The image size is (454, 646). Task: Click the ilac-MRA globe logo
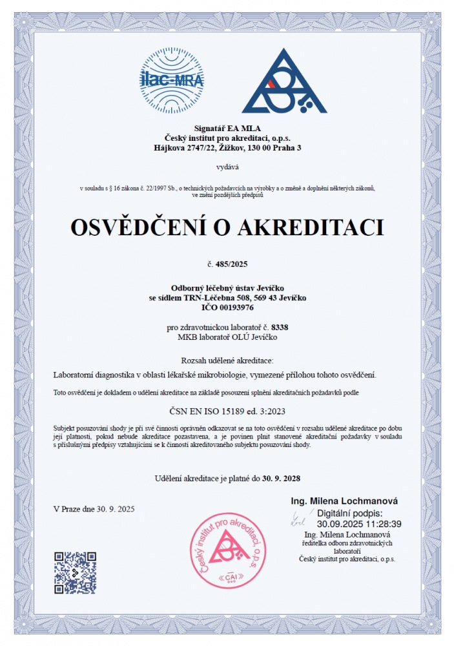point(172,80)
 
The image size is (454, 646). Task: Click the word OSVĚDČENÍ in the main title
point(143,227)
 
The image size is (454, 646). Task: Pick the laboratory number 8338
point(280,328)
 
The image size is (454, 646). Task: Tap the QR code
point(75,572)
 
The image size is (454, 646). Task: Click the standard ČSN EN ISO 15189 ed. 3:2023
point(227,410)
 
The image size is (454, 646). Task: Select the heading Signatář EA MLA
point(227,129)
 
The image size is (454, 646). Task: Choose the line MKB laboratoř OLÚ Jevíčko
point(227,337)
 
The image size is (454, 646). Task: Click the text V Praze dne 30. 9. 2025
point(94,509)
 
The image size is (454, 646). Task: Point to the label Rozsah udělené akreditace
point(227,359)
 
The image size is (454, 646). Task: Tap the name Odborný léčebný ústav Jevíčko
point(227,288)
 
